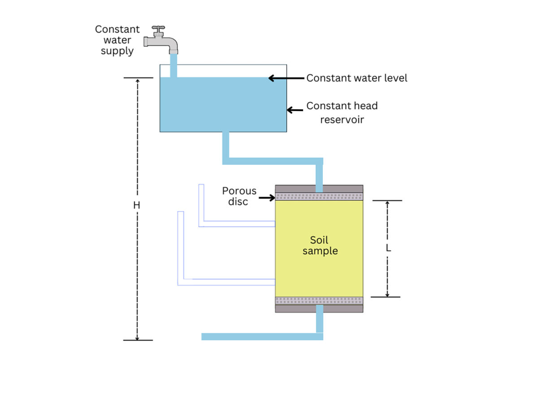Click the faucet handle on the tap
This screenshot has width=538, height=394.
tap(158, 30)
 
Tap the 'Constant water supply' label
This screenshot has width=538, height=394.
tap(117, 40)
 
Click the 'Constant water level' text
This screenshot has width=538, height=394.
tap(356, 78)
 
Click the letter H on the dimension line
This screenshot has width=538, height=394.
tap(137, 205)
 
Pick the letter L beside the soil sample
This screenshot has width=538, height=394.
tap(388, 248)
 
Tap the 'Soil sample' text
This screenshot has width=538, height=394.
tap(320, 245)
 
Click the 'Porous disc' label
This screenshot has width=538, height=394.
tap(239, 196)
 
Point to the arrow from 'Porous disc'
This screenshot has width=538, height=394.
tap(267, 197)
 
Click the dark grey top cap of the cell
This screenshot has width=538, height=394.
tap(296, 188)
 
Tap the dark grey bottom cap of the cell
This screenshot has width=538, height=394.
tap(296, 308)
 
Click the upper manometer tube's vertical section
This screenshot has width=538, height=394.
tap(201, 204)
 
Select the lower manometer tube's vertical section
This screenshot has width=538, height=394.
tap(180, 246)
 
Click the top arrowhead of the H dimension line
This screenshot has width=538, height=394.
tap(138, 81)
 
